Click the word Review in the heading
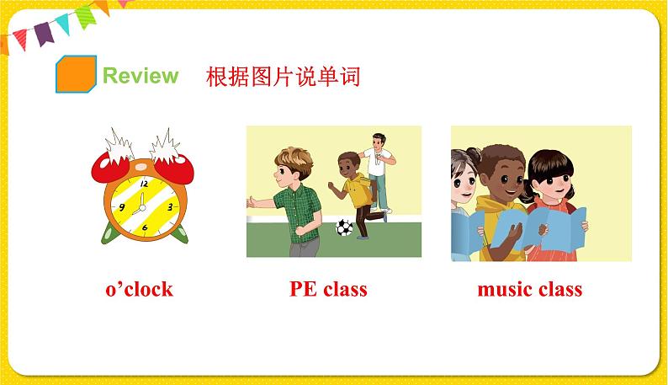140,76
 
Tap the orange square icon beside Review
75,74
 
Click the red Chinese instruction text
283,77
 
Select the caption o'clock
139,289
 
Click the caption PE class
328,289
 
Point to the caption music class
529,289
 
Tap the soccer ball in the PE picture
344,227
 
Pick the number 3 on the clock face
170,206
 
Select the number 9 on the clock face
123,207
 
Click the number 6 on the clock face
145,227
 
